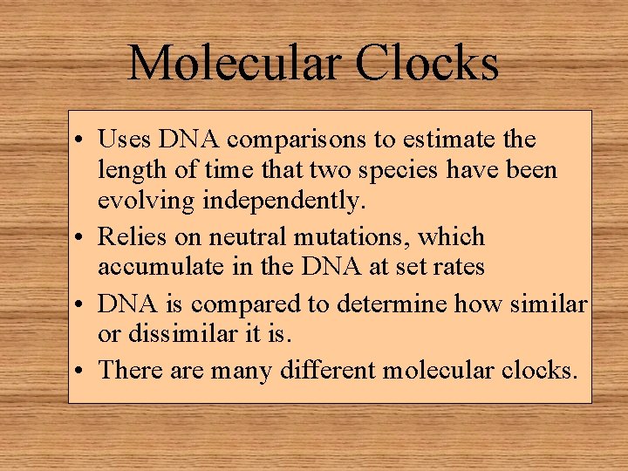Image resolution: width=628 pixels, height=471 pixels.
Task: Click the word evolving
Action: (x=147, y=201)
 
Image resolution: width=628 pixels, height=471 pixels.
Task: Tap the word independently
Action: (x=283, y=201)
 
